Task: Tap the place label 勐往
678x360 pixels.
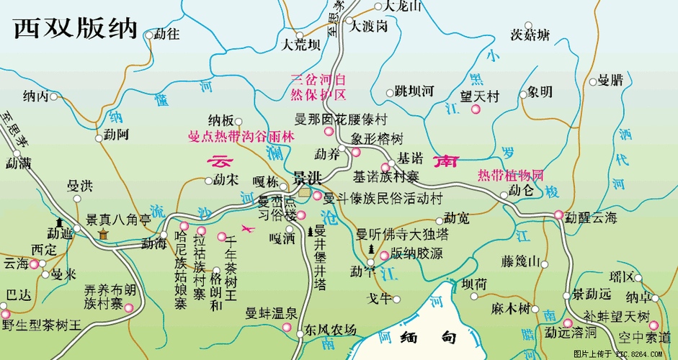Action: [x=167, y=34]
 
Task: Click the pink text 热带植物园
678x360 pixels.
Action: [x=510, y=175]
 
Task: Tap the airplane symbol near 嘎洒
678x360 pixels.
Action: [x=249, y=230]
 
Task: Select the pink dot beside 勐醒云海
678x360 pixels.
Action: [x=559, y=214]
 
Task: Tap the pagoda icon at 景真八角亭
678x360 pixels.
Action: [x=103, y=235]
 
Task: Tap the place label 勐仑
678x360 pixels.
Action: [x=521, y=190]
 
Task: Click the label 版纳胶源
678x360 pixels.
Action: [x=416, y=254]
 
